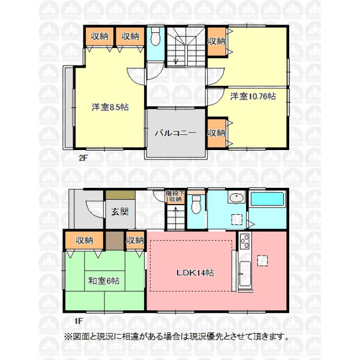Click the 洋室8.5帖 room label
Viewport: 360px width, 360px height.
110,107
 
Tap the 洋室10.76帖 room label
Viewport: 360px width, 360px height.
253,97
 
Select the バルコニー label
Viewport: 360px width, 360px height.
175,133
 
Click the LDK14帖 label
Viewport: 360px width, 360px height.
195,273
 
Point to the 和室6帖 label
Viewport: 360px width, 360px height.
104,281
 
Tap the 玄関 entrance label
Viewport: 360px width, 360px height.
120,212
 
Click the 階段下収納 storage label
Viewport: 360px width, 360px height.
175,196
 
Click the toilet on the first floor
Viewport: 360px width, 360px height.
196,204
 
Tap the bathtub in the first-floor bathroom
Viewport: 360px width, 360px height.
267,199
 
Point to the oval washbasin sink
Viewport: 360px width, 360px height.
237,197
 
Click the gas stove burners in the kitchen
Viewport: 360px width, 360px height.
245,241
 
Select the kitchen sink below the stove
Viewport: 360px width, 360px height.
245,274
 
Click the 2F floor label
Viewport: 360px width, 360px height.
83,158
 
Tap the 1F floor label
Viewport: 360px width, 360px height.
78,320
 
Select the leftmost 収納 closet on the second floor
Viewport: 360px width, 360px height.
100,37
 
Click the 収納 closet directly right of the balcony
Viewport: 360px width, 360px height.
217,133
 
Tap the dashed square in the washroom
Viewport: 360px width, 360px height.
237,219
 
